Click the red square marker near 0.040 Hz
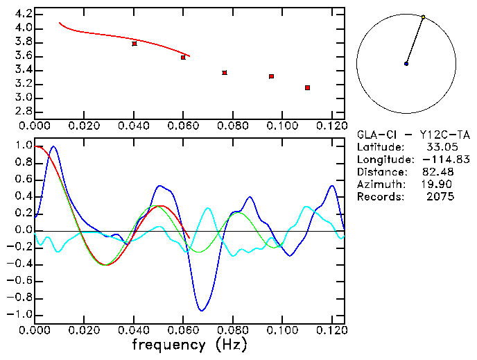135,44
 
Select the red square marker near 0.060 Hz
183,57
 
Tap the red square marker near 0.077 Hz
225,73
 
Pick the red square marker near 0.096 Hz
271,76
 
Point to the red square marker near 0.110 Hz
307,87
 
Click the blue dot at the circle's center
406,64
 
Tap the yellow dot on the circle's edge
424,17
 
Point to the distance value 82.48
438,172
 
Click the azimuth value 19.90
438,185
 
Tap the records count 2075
441,197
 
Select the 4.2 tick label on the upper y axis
23,14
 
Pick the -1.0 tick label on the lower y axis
20,315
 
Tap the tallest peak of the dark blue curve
53,147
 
